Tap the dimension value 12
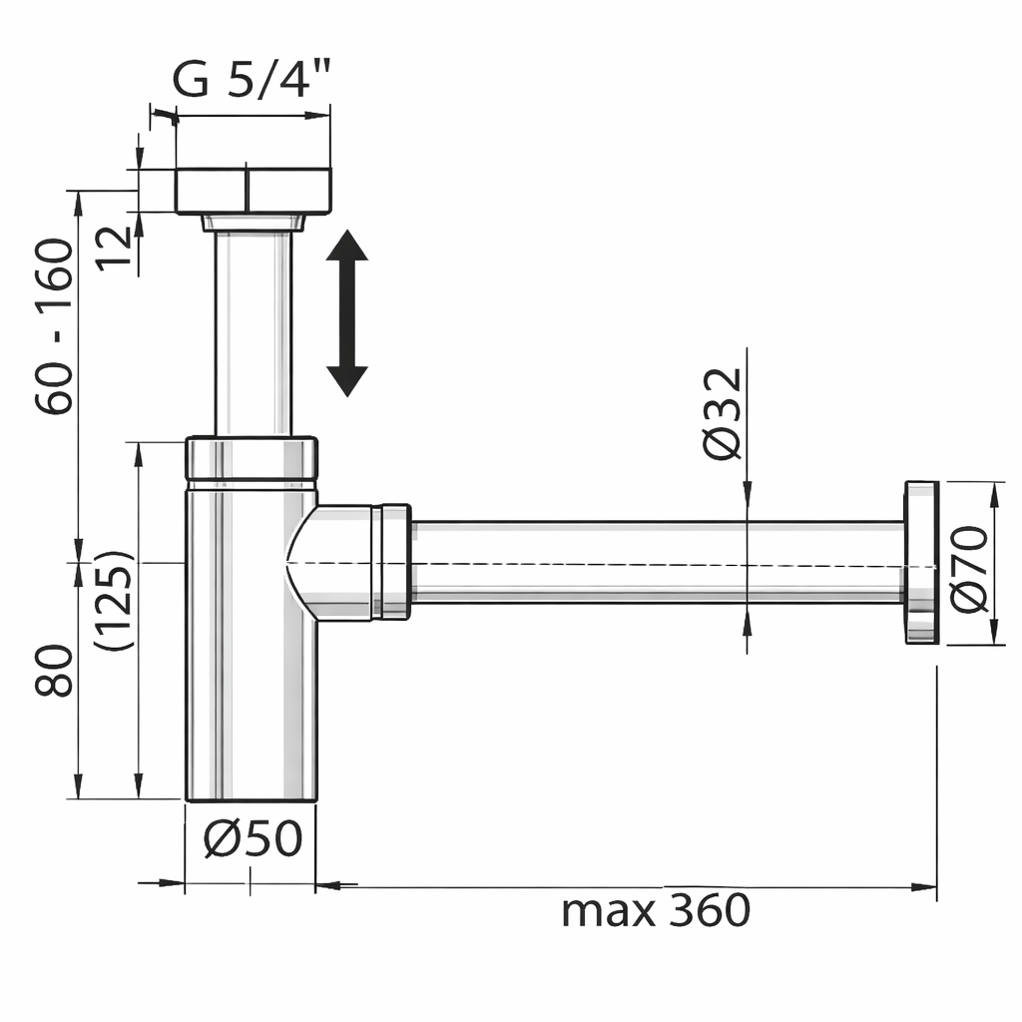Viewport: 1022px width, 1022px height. pyautogui.click(x=115, y=246)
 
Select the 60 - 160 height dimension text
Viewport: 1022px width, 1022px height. pyautogui.click(x=54, y=326)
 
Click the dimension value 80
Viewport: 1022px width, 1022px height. pyautogui.click(x=54, y=670)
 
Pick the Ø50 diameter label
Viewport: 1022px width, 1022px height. pyautogui.click(x=253, y=839)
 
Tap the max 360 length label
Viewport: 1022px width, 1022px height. pyautogui.click(x=655, y=909)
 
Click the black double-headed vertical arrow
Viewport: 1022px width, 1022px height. pyautogui.click(x=347, y=312)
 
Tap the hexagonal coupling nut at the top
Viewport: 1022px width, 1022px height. pyautogui.click(x=253, y=191)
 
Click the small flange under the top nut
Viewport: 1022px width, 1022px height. pyautogui.click(x=253, y=222)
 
